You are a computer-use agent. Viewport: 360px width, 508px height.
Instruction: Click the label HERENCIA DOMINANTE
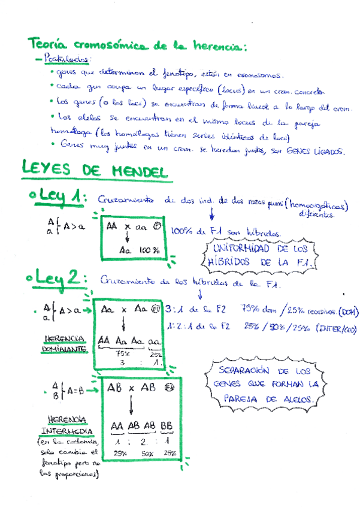[63, 343]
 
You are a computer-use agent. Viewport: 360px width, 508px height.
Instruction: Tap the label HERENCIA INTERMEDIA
[66, 425]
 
